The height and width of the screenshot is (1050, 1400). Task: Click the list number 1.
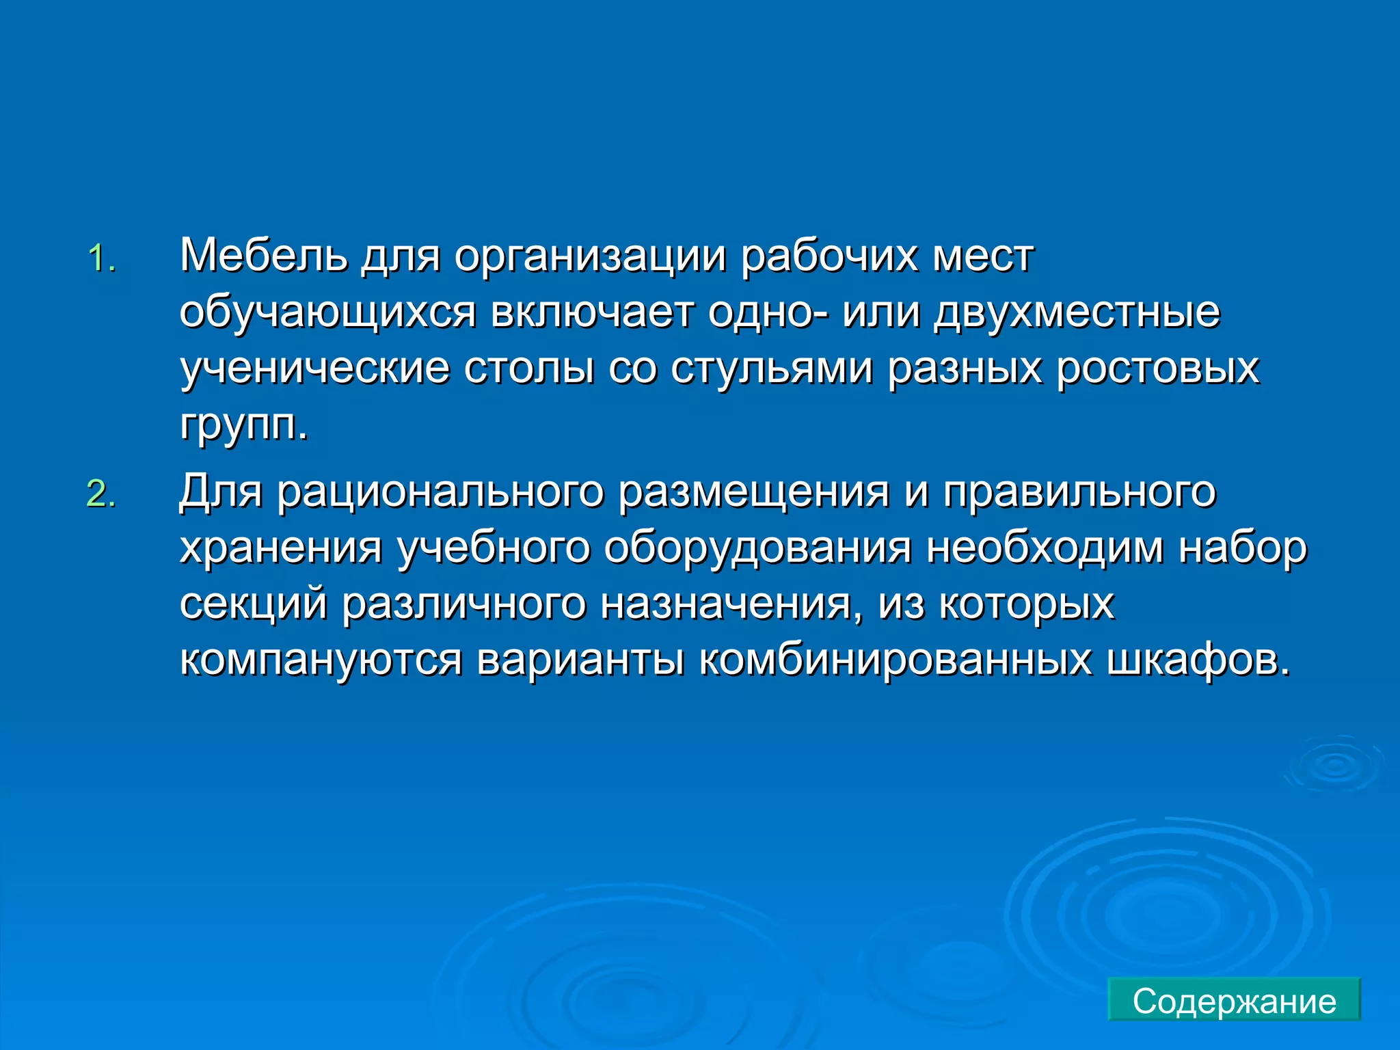click(101, 259)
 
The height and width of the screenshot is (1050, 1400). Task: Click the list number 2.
click(101, 494)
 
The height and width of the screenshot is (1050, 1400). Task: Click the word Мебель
click(263, 256)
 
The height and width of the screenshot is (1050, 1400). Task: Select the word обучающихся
click(327, 314)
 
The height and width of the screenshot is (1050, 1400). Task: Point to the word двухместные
click(1077, 314)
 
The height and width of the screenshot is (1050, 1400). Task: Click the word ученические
click(314, 369)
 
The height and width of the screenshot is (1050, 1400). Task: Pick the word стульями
click(772, 369)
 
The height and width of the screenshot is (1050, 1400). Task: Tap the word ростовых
click(1158, 369)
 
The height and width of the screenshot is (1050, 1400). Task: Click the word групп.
click(243, 426)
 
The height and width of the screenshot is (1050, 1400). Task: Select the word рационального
click(440, 493)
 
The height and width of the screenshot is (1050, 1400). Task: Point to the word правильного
click(1079, 493)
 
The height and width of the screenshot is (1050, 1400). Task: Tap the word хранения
click(280, 549)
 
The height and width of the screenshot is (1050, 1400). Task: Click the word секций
click(253, 605)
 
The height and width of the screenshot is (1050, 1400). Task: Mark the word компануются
click(321, 661)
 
